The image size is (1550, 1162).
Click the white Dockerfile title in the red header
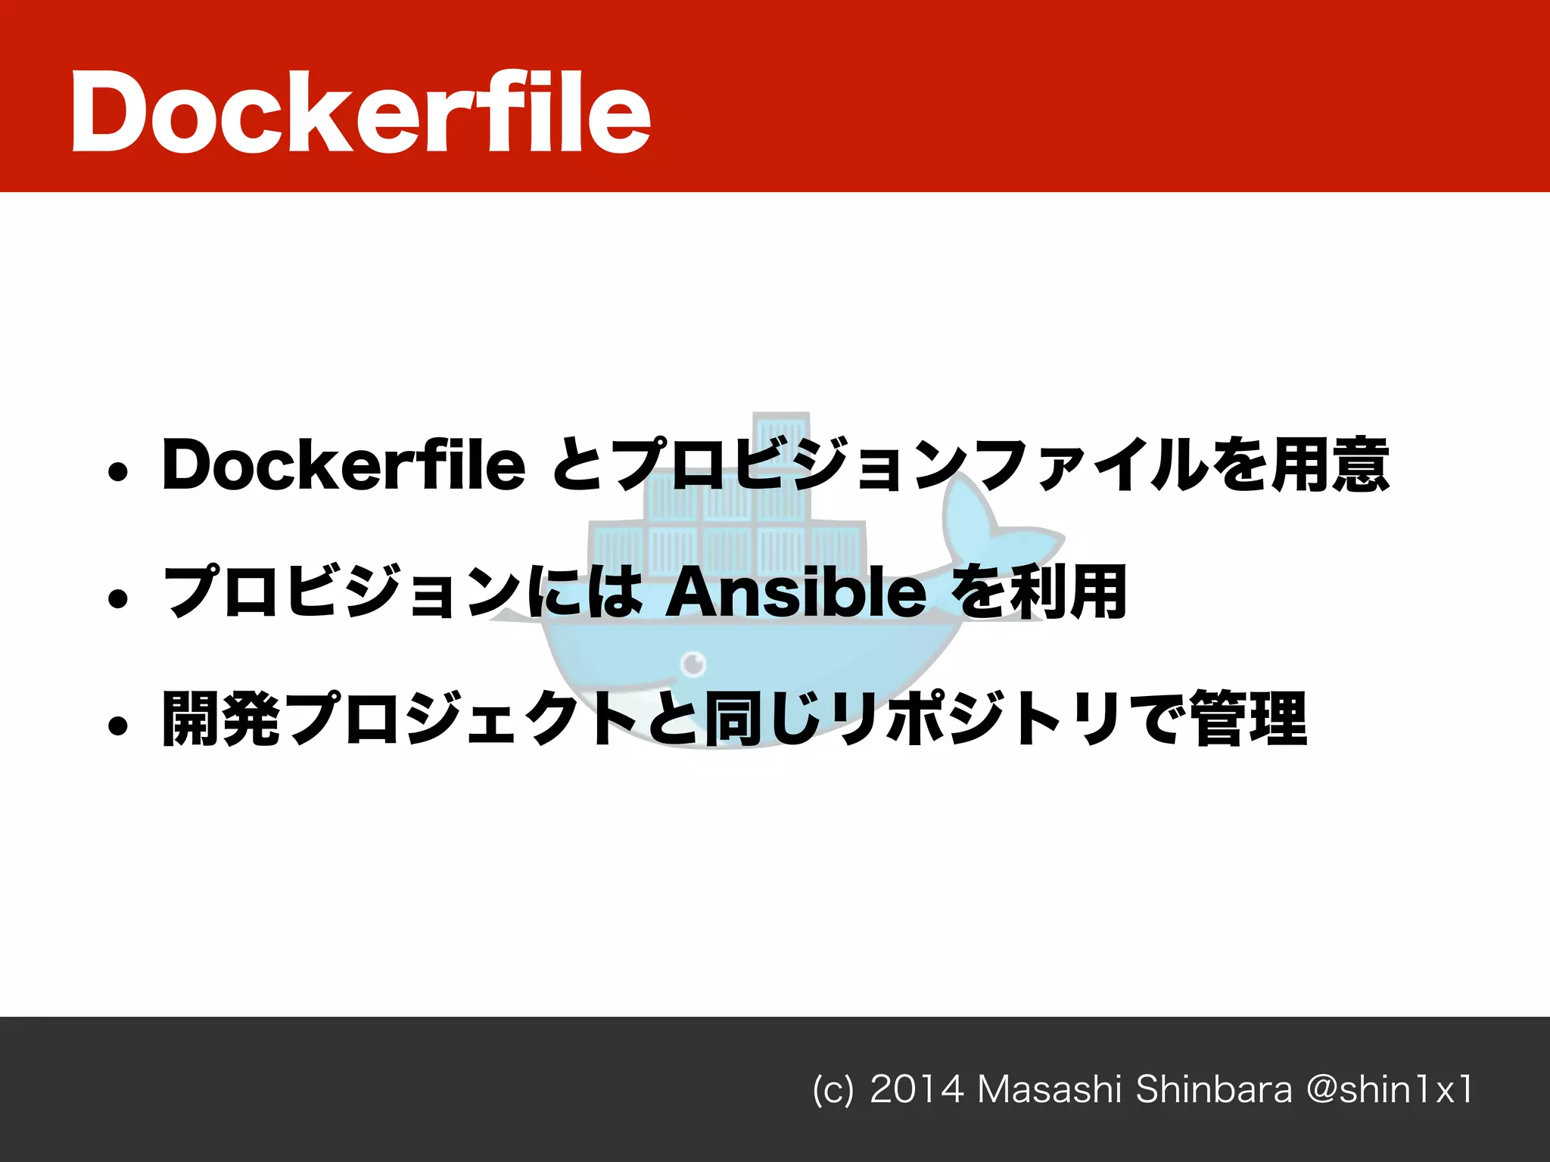361,112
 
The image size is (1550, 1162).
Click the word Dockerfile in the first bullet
344,464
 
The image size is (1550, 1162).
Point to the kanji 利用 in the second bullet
1068,592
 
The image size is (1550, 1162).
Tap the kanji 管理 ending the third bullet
1249,719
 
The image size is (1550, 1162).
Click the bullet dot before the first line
117,473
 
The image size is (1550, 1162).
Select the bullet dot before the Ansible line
117,599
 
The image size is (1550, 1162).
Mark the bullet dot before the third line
117,726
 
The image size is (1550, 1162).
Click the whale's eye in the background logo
693,663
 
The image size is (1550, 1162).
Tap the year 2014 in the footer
917,1090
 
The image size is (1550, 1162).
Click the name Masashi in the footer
1049,1090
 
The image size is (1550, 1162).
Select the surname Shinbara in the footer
1214,1090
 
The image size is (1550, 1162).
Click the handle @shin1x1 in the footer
1390,1090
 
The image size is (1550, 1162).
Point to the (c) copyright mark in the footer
833,1090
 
